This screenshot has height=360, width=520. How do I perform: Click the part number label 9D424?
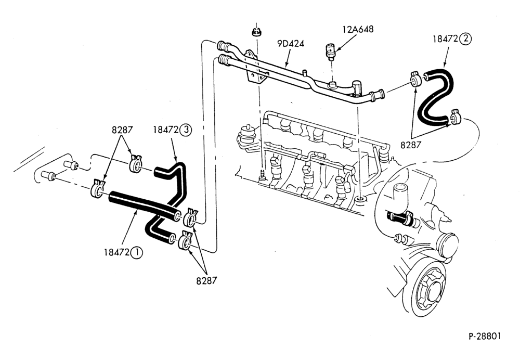click(291, 44)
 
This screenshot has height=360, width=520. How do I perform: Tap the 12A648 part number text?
click(358, 29)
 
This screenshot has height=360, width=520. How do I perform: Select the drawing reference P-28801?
click(485, 336)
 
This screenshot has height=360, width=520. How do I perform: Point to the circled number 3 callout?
click(186, 130)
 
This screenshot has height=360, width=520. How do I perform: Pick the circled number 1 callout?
click(136, 253)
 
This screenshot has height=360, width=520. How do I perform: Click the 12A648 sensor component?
click(330, 51)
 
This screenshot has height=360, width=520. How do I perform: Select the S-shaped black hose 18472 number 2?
click(434, 96)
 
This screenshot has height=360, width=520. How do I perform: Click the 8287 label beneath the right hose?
click(410, 145)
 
